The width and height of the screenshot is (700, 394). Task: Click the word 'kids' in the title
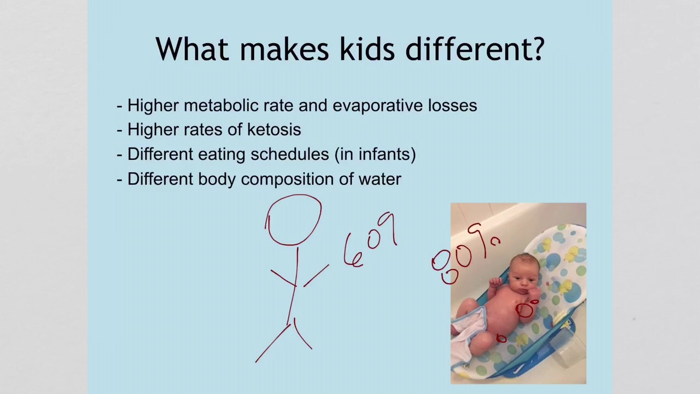coord(366,49)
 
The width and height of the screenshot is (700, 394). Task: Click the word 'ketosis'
coord(274,130)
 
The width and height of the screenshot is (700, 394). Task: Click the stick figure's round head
coord(294,219)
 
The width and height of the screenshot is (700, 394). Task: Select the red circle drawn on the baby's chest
coord(526,310)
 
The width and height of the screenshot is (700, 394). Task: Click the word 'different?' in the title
coord(475,49)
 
